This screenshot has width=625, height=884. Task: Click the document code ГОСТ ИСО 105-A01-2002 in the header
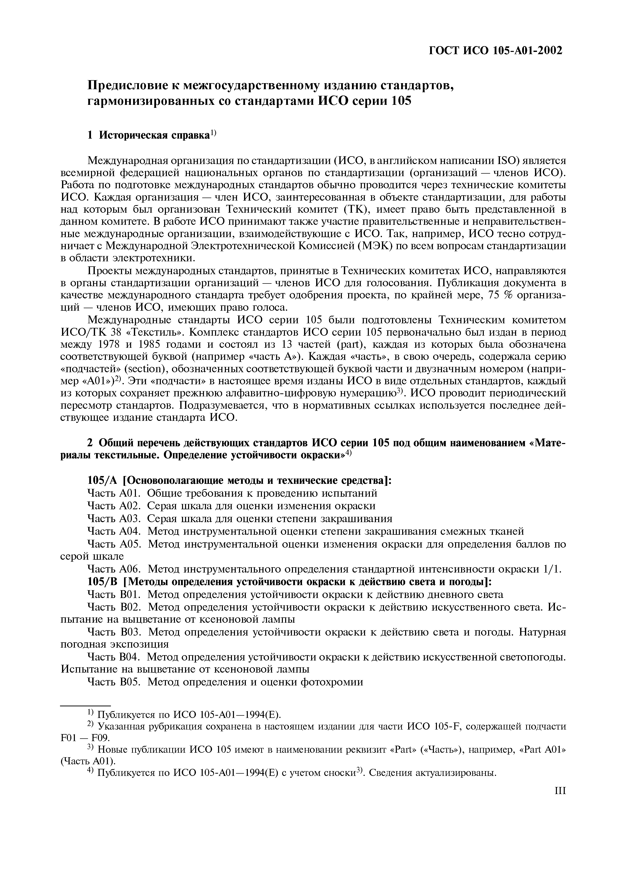pyautogui.click(x=496, y=50)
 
